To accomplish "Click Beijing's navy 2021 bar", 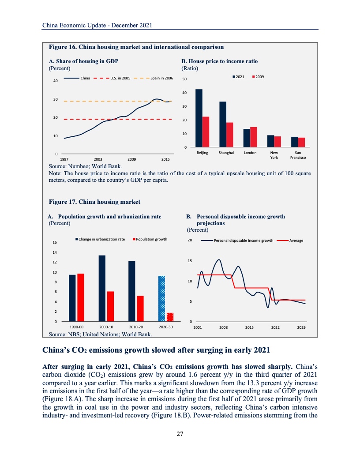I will (x=199, y=118).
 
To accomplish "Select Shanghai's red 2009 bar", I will (x=229, y=135).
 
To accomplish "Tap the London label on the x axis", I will (x=250, y=153).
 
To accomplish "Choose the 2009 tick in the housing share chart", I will (x=131, y=158).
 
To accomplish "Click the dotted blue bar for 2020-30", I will (x=161, y=298).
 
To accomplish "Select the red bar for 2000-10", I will (x=110, y=306).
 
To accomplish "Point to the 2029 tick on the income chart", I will (x=301, y=328).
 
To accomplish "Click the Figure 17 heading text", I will (x=94, y=202).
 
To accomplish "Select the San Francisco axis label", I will (x=298, y=155).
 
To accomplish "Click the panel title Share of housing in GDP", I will (x=83, y=61).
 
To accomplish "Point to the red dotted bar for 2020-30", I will (x=170, y=317).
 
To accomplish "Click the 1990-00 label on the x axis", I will (x=77, y=327).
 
